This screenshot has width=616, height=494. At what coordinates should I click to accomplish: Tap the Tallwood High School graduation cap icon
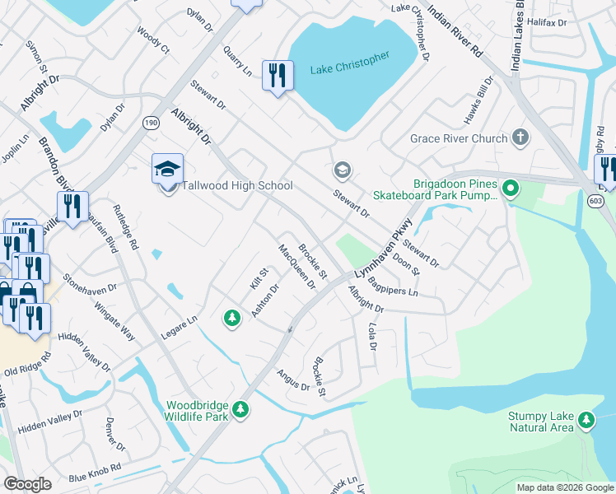click(x=167, y=170)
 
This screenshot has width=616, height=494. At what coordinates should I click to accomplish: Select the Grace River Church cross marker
click(x=520, y=137)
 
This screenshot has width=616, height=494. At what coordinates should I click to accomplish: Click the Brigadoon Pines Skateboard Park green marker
click(x=511, y=189)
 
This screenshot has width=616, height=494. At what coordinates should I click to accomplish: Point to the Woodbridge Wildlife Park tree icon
click(x=240, y=409)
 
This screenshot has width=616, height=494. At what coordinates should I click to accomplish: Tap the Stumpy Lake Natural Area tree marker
click(x=586, y=421)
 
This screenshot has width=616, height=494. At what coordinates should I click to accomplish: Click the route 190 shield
click(x=151, y=123)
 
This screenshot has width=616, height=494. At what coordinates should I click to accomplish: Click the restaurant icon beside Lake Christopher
click(x=277, y=76)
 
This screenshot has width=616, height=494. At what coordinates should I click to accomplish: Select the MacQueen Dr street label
click(x=297, y=267)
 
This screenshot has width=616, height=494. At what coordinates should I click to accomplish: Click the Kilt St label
click(x=259, y=278)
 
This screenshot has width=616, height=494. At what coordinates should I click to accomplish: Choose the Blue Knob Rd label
click(x=95, y=471)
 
